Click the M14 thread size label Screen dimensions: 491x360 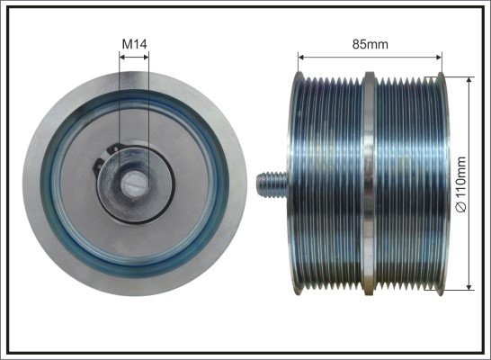[x=134, y=44]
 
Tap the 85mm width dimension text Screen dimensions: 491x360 [x=370, y=44]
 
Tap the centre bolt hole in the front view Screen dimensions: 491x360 [x=135, y=184]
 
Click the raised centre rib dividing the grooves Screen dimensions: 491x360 [x=369, y=184]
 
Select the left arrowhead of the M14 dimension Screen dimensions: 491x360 [x=122, y=57]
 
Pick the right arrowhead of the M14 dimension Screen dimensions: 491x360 [x=146, y=57]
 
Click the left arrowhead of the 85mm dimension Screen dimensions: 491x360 [x=301, y=57]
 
